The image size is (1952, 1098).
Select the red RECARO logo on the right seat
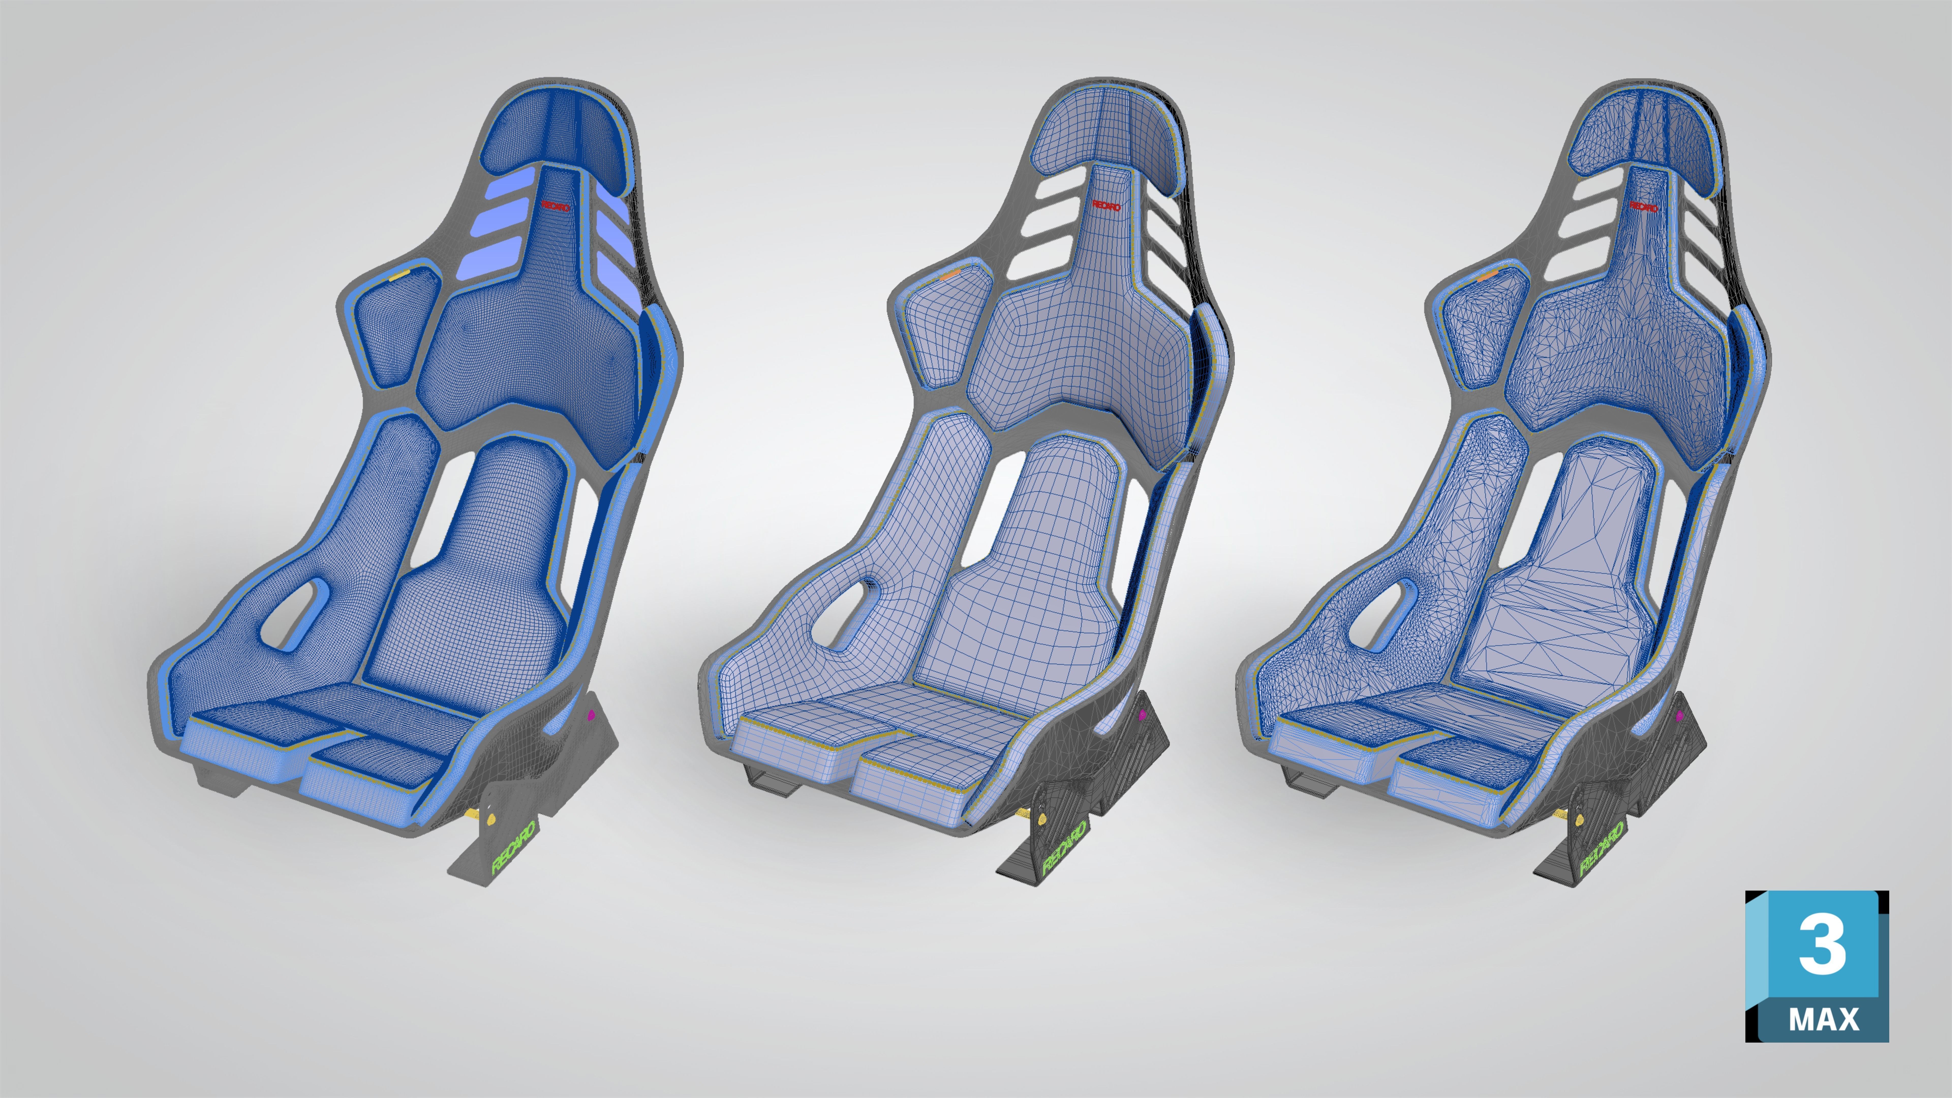pyautogui.click(x=1643, y=206)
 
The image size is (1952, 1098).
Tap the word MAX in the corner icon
pyautogui.click(x=1823, y=1019)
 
